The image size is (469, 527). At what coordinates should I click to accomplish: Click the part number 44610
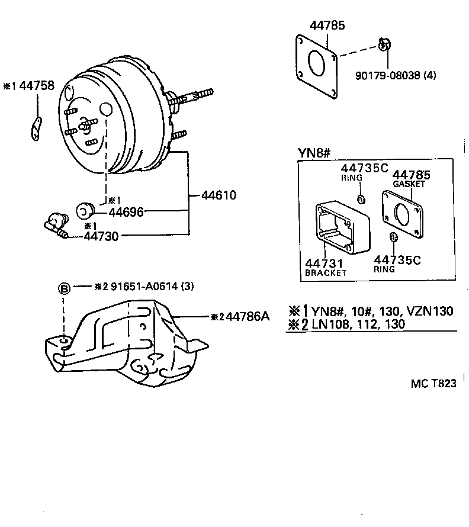(x=219, y=195)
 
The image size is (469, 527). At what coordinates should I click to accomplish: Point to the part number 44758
(x=37, y=86)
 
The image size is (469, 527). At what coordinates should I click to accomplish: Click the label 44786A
(x=248, y=316)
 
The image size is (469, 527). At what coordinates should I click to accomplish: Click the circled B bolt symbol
(x=64, y=288)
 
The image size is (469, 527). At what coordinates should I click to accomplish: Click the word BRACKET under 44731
(x=326, y=273)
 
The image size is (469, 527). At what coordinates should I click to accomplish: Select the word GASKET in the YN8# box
(x=409, y=184)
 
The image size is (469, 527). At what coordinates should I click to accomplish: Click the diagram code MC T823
(x=433, y=383)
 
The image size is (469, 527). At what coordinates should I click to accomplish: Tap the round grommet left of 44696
(x=86, y=210)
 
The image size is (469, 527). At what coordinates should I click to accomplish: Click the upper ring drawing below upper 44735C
(x=361, y=197)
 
